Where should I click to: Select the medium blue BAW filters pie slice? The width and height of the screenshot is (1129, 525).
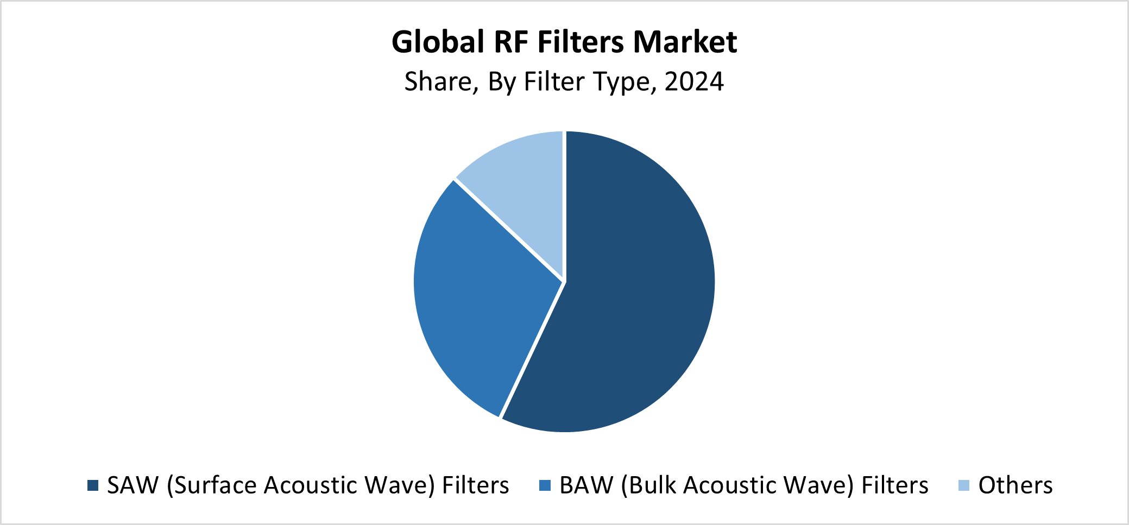tap(478, 293)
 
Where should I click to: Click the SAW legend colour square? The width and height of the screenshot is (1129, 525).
tap(93, 485)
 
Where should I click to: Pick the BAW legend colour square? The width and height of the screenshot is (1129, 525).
tap(545, 485)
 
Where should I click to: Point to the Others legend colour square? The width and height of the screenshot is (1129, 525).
tap(964, 485)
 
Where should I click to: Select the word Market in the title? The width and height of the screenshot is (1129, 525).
tap(685, 42)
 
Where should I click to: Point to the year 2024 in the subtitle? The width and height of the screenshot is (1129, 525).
tap(694, 82)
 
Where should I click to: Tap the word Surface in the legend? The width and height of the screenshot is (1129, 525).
tap(212, 485)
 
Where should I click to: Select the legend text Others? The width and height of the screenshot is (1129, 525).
tap(1016, 485)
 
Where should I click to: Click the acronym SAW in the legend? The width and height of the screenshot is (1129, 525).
tap(133, 485)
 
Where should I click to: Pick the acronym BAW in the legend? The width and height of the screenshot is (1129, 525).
tap(586, 485)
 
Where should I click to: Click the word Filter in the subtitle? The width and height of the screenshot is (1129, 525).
tap(554, 82)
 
